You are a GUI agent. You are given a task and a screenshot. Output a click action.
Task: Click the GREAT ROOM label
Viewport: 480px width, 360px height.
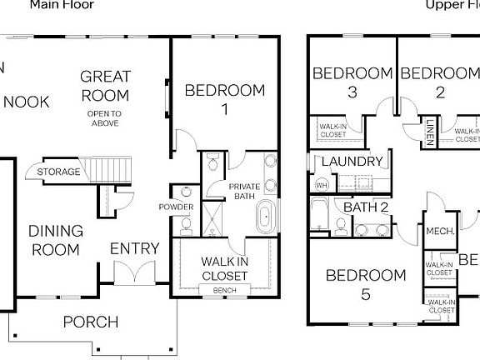click(x=105, y=85)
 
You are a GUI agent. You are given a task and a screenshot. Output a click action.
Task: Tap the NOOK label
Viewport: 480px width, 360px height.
click(x=27, y=102)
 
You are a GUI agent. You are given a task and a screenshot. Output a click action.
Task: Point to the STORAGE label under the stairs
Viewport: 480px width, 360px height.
click(x=58, y=172)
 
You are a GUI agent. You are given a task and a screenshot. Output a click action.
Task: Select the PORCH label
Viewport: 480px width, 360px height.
click(x=91, y=322)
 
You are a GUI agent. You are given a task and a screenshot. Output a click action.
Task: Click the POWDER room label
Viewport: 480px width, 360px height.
click(x=177, y=207)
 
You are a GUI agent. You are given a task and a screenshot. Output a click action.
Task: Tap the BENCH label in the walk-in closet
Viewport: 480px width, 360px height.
click(x=224, y=290)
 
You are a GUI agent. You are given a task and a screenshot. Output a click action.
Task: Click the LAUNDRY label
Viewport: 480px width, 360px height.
click(x=351, y=162)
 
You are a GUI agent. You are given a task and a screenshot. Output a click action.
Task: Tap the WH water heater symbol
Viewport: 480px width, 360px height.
click(x=321, y=184)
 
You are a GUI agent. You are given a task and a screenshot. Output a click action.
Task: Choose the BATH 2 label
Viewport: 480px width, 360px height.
click(x=366, y=207)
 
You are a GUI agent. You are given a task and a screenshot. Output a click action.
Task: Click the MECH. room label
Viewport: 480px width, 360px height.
click(x=439, y=232)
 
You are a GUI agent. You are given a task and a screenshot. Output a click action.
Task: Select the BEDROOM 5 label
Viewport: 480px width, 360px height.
click(x=365, y=284)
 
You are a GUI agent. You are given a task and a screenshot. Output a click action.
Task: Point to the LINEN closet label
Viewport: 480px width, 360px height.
click(x=429, y=132)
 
